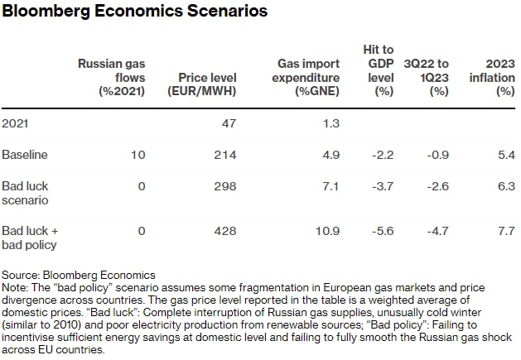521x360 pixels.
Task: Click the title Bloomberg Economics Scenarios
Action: point(135,12)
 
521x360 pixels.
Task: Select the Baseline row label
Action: point(25,155)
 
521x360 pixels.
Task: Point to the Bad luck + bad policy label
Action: point(30,238)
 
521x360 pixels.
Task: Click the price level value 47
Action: point(229,123)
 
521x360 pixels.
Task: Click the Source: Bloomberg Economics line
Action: point(79,274)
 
